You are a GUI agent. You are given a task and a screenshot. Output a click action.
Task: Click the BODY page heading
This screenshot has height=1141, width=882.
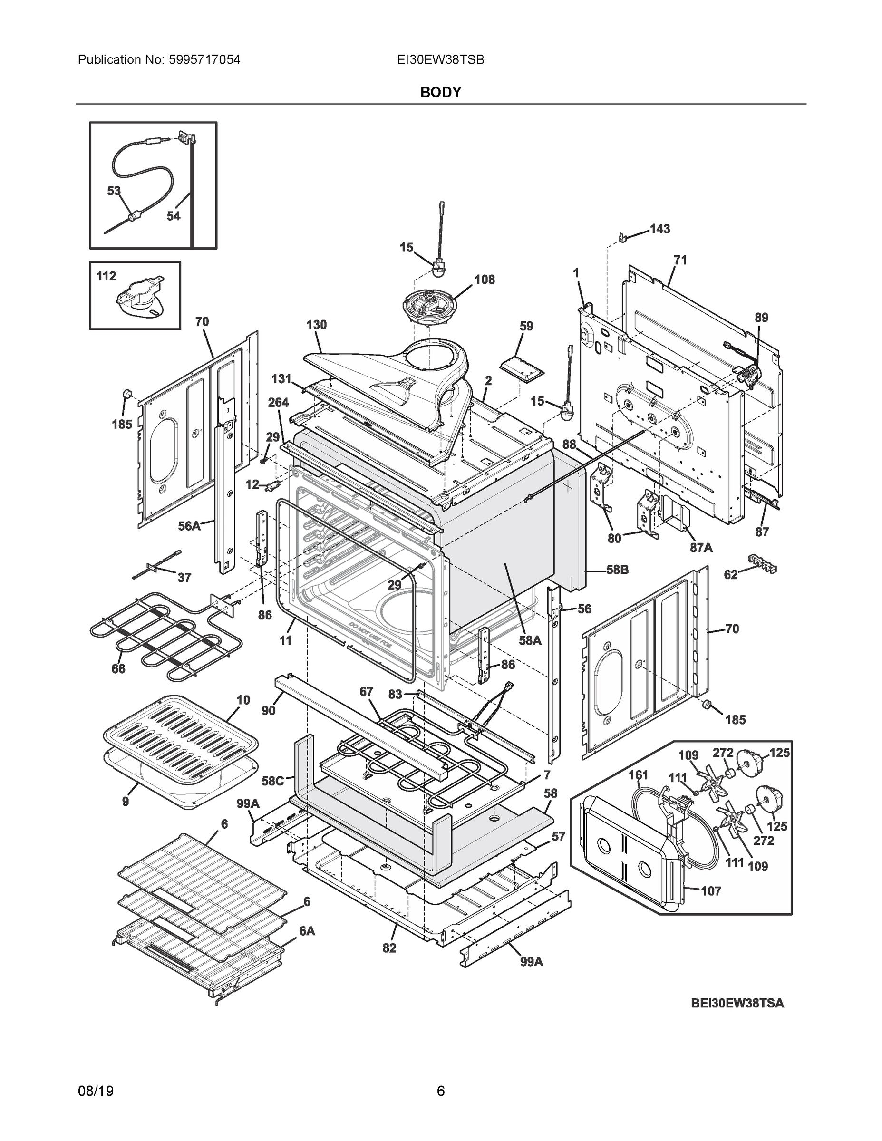tap(440, 93)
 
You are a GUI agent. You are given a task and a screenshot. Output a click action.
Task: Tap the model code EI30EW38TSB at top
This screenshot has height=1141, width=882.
tap(440, 60)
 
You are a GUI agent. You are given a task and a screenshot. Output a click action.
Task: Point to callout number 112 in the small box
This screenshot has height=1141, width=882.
tap(106, 276)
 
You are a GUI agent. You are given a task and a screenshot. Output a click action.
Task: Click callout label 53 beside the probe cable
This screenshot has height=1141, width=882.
tap(114, 191)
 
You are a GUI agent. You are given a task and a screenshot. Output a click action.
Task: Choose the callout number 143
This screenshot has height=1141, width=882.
tap(659, 229)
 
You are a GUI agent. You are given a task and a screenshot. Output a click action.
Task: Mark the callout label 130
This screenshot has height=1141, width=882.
tap(316, 325)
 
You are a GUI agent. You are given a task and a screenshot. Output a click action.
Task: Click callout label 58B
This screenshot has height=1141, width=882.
tap(617, 570)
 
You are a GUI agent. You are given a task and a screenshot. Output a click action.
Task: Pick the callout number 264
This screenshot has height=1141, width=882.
tap(278, 403)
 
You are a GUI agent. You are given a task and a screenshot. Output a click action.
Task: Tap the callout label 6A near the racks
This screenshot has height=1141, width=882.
tap(307, 931)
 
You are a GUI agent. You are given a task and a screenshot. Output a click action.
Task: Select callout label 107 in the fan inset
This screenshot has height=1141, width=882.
tap(711, 891)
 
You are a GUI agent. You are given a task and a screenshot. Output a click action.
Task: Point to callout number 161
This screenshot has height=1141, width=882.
tap(638, 775)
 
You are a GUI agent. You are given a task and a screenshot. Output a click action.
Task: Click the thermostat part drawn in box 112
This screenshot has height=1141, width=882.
tap(138, 302)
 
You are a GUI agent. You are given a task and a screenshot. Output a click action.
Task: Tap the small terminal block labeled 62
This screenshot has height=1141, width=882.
tap(762, 563)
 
